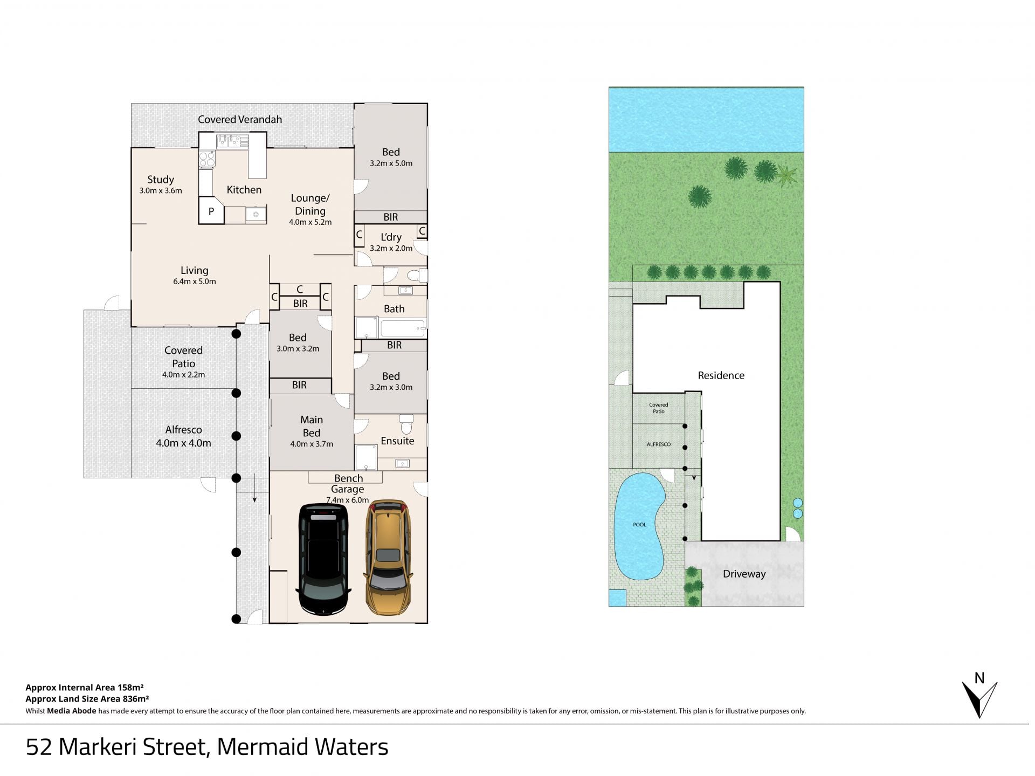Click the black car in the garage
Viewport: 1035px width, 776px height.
[x=323, y=559]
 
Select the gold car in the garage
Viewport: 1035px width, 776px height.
[x=387, y=557]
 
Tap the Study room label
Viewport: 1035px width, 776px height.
[x=161, y=180]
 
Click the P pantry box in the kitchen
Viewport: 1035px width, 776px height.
[x=211, y=211]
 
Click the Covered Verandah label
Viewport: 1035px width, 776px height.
[x=240, y=120]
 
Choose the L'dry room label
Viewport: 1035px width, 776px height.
[x=391, y=237]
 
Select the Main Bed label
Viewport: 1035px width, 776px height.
[x=312, y=426]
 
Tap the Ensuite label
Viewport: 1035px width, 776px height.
[x=397, y=441]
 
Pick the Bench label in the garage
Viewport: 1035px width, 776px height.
[x=348, y=478]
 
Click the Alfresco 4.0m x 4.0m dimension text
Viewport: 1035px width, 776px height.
[x=183, y=443]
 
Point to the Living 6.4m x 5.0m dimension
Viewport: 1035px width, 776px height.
[x=194, y=281]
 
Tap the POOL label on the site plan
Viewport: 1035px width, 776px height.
[x=639, y=525]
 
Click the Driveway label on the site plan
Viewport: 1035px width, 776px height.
[x=744, y=574]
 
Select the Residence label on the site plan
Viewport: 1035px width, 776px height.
[x=721, y=375]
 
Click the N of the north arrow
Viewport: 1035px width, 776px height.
[x=979, y=678]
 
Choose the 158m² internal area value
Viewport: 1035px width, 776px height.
[x=130, y=688]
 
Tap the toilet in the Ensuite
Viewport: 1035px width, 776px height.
[x=406, y=423]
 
